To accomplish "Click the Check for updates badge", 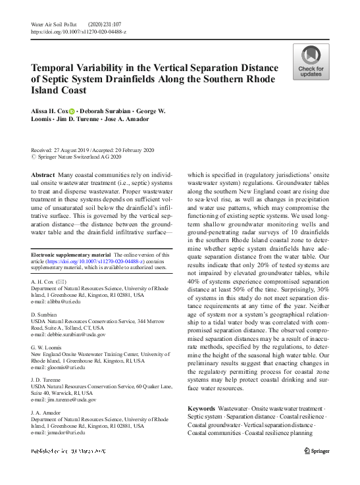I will [311, 63].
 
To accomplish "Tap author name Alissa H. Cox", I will [49, 111].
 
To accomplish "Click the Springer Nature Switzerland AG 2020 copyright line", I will [72, 158].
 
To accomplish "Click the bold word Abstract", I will [43, 175].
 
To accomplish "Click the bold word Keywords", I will [201, 409].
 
